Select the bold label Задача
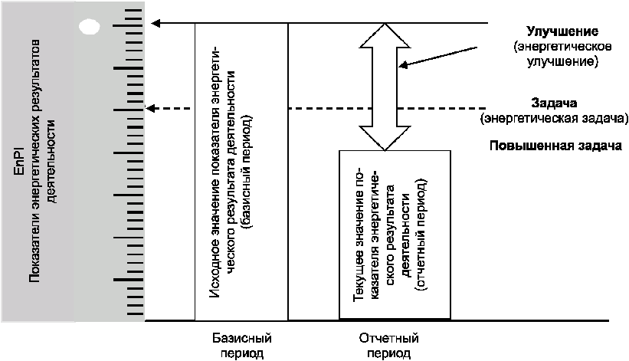point(554,103)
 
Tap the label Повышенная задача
point(555,145)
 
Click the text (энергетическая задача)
point(554,119)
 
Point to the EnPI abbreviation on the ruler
point(19,161)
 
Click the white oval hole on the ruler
point(89,27)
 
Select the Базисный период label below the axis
point(242,346)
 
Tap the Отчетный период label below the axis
point(388,346)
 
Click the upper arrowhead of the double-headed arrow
point(385,35)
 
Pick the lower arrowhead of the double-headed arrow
point(385,139)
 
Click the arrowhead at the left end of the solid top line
point(156,23)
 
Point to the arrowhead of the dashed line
point(149,108)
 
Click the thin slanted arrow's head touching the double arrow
point(403,65)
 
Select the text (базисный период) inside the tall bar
point(248,172)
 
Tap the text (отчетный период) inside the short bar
point(421,235)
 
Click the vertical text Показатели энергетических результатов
point(35,161)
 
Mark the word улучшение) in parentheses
point(562,62)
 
